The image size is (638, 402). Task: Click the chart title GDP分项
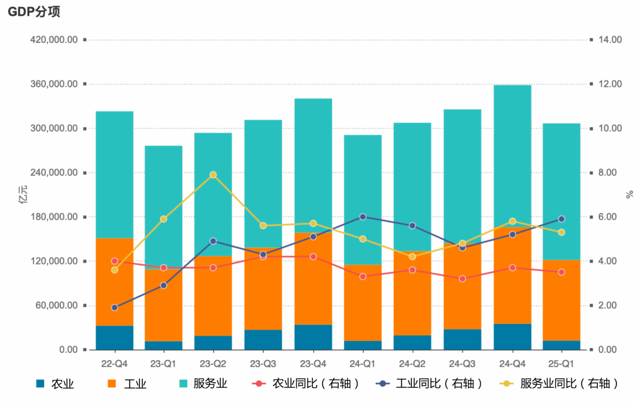click(x=34, y=12)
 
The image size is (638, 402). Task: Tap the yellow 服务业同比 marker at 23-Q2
click(x=213, y=175)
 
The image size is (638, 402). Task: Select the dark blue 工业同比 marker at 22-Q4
click(x=115, y=307)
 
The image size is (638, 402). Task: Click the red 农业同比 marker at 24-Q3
click(x=463, y=279)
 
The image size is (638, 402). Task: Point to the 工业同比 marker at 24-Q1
click(x=362, y=217)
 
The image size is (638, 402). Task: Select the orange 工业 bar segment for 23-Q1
click(x=163, y=305)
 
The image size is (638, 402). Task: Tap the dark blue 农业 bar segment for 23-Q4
click(x=313, y=337)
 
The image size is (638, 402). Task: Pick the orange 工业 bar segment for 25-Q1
click(x=562, y=300)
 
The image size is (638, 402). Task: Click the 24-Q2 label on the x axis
click(x=412, y=363)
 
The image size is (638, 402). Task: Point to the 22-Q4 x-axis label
click(x=115, y=363)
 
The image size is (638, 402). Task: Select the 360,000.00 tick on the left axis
click(x=54, y=84)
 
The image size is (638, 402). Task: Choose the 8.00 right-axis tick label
click(x=608, y=173)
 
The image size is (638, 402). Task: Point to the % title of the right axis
click(x=629, y=195)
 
